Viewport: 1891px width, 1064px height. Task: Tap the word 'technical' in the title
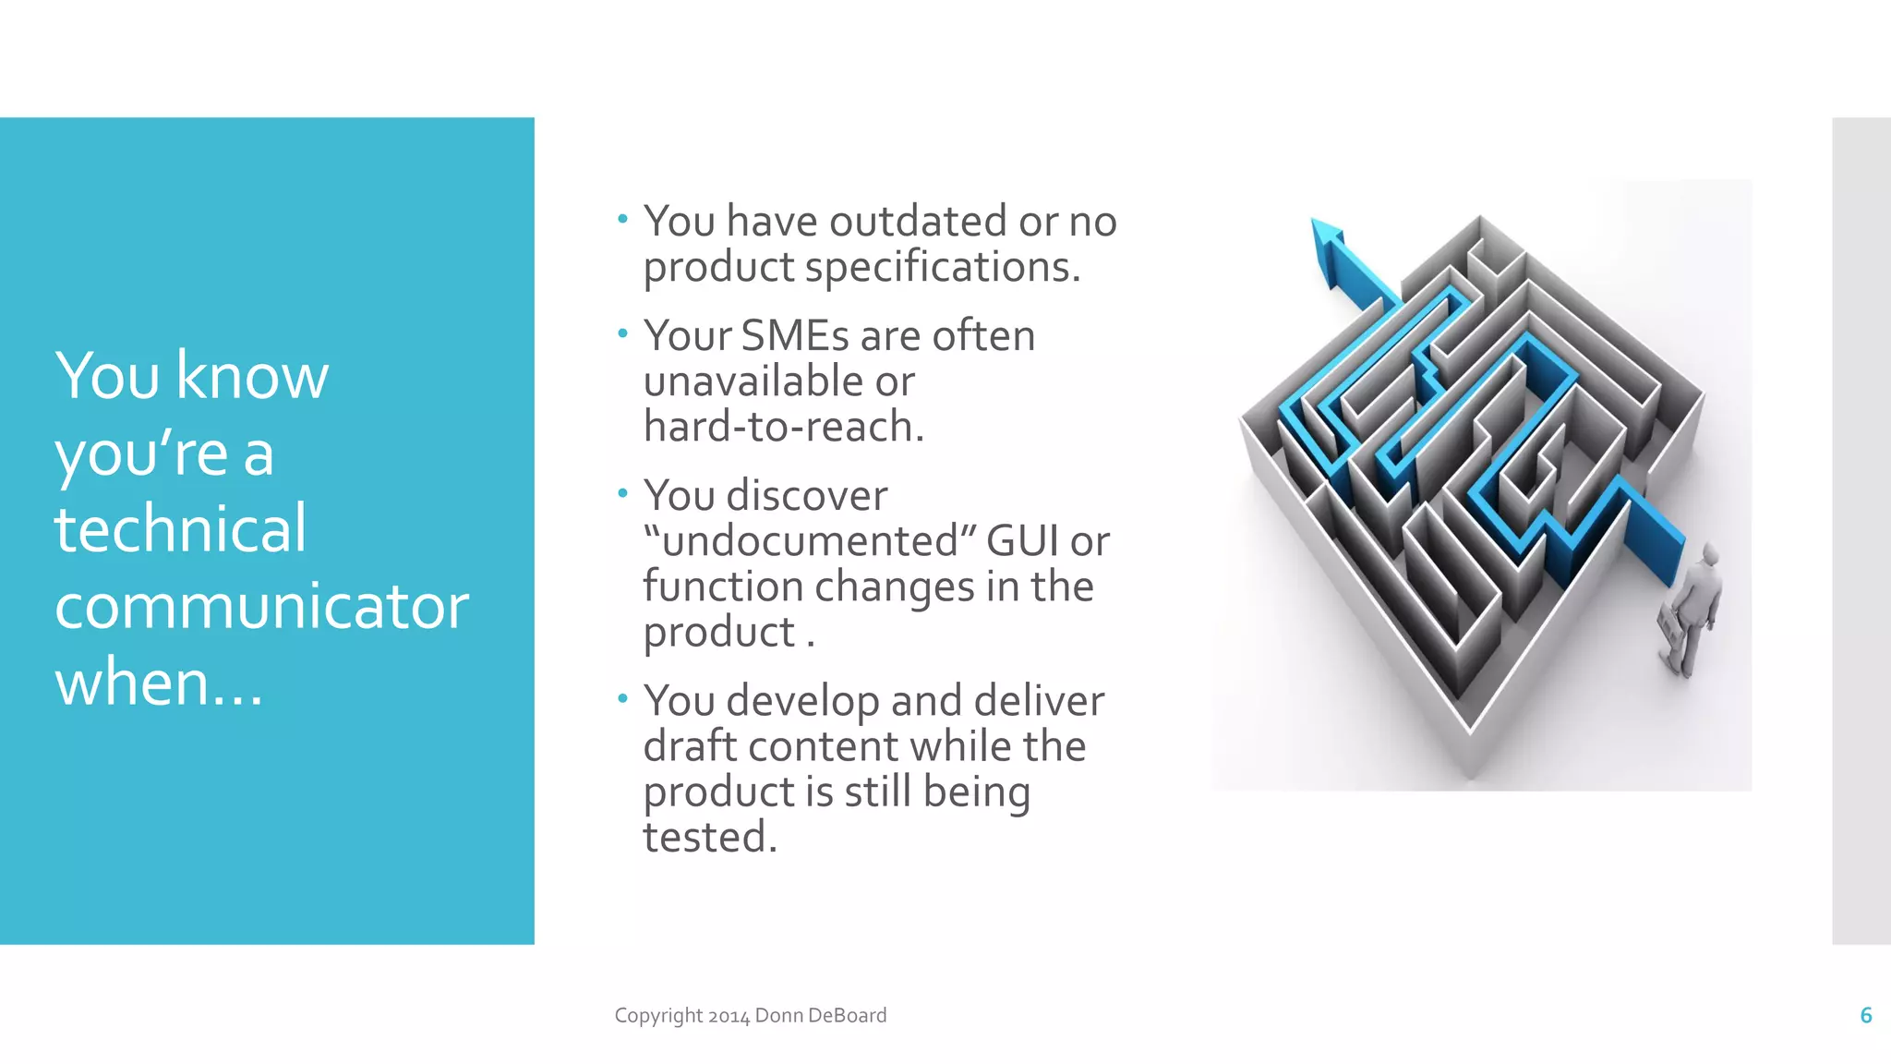pos(180,528)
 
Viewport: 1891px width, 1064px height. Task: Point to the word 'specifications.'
pos(942,268)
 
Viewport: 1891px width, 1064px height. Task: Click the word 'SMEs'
pos(796,336)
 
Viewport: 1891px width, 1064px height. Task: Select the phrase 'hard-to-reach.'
pos(783,427)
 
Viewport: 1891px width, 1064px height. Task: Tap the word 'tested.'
pos(710,838)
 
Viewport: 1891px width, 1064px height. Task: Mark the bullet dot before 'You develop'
pos(622,698)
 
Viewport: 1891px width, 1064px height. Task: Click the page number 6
pos(1865,1015)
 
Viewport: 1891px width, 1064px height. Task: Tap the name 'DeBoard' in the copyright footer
pos(847,1015)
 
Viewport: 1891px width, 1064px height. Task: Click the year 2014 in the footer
pos(729,1016)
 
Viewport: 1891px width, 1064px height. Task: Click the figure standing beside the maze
pos(1692,611)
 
